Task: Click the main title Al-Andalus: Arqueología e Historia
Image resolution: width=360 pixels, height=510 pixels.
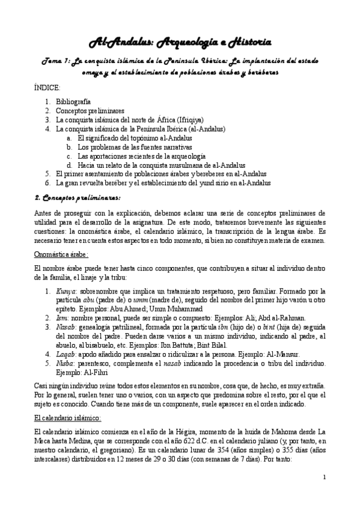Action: coord(180,41)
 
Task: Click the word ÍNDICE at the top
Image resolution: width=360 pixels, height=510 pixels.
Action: coord(47,88)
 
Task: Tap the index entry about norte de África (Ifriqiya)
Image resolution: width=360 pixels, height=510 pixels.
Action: coord(129,120)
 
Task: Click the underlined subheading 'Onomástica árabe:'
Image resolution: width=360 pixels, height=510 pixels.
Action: coord(62,254)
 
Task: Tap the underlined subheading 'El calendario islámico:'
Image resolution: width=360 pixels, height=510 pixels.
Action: coord(67,417)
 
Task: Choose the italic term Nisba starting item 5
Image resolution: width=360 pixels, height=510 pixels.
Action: coord(65,363)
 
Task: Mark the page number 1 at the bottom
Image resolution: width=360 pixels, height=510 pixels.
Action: coord(325,478)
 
